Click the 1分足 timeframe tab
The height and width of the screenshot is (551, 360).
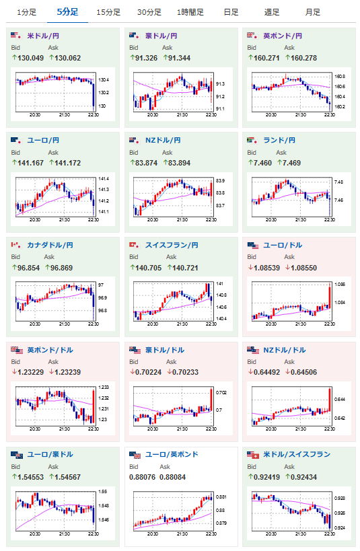click(x=27, y=12)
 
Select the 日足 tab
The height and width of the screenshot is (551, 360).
click(x=231, y=12)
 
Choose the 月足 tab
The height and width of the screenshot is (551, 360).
click(x=312, y=12)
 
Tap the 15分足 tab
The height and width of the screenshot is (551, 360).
click(x=108, y=12)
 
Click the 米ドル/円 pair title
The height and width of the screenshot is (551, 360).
click(x=43, y=36)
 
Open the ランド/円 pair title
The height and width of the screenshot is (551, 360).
click(x=279, y=140)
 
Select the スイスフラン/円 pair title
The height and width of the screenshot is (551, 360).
click(x=172, y=245)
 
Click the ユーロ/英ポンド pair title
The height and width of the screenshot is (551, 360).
click(x=172, y=454)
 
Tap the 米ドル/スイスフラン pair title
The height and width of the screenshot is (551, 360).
click(x=297, y=454)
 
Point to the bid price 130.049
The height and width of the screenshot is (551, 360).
click(x=30, y=58)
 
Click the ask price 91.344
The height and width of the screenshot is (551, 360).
click(x=179, y=58)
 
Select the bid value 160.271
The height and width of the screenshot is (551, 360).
click(x=266, y=58)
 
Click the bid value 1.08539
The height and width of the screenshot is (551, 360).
click(x=267, y=268)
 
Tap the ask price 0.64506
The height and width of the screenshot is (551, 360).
click(x=303, y=372)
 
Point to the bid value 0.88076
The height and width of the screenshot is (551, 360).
click(x=143, y=477)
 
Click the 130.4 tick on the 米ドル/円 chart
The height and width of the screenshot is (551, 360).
click(x=104, y=80)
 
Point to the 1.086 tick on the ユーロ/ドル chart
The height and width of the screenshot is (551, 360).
click(x=340, y=285)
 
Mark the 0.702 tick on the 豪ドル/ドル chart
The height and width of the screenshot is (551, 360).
click(x=221, y=392)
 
